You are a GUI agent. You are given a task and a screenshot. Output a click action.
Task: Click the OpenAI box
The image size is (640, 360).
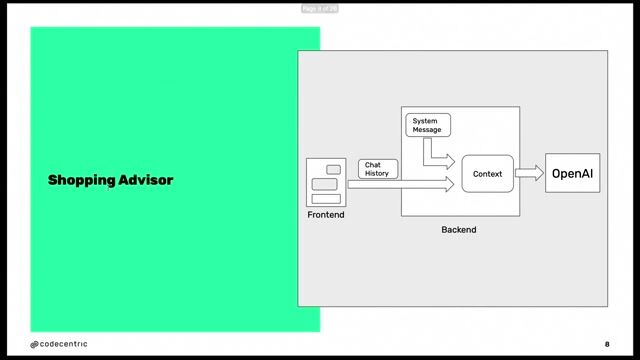[572, 174]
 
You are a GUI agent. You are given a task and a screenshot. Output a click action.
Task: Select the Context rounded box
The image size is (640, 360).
[487, 174]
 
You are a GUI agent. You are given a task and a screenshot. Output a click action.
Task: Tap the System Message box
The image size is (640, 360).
[429, 125]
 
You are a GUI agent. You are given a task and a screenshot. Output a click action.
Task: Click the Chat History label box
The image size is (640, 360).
[378, 169]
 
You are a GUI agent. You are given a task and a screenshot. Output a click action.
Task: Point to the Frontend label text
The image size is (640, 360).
[325, 214]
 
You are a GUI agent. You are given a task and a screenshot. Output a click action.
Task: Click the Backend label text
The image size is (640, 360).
[459, 230]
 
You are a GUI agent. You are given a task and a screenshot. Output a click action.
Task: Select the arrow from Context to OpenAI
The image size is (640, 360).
[529, 173]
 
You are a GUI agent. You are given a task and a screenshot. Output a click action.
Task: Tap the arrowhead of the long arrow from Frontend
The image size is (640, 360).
[449, 184]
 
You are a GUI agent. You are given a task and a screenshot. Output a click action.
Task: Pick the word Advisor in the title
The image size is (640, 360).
[147, 180]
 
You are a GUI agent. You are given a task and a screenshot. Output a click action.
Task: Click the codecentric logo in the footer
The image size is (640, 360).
[58, 344]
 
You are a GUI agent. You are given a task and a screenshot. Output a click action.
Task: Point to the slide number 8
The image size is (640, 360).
[606, 344]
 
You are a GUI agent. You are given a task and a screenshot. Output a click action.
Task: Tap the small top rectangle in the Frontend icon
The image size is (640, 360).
[333, 170]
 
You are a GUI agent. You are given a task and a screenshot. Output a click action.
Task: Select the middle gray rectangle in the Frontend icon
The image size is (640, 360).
[324, 184]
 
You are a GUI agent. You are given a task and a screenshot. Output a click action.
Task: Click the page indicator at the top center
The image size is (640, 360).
[320, 9]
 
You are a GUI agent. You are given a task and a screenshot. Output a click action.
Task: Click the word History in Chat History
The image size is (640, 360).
[377, 174]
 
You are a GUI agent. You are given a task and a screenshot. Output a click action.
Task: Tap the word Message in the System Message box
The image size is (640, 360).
[427, 130]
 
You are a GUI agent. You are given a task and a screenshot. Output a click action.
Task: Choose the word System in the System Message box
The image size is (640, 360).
[425, 121]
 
